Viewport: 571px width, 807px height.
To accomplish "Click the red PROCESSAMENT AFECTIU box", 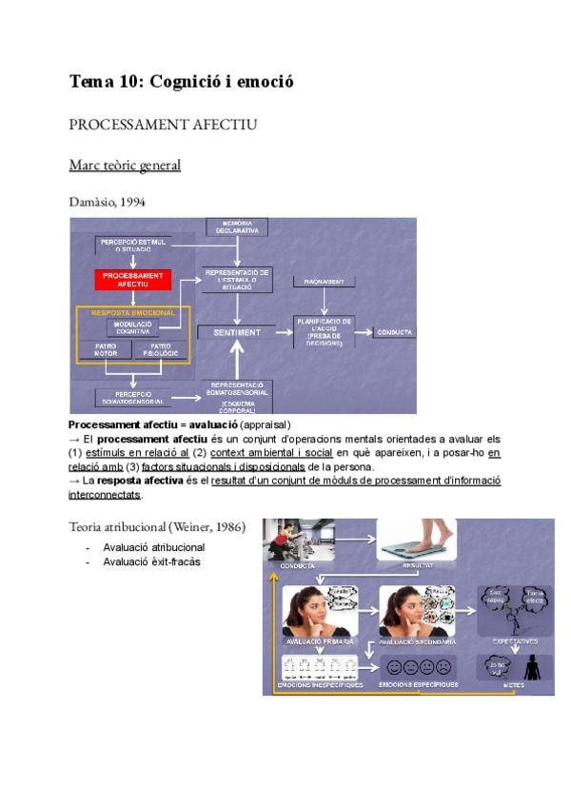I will pos(132,280).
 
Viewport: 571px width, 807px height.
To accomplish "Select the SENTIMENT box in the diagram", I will pos(235,331).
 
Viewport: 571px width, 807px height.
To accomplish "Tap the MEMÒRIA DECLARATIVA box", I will pos(237,226).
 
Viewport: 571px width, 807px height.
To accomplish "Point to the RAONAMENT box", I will pos(324,282).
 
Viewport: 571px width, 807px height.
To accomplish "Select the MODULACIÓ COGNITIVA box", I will pos(132,326).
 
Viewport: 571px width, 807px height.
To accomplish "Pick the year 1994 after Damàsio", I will pos(132,202).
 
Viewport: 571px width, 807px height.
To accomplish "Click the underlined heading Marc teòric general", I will pos(125,166).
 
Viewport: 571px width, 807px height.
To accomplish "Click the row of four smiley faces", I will pos(417,666).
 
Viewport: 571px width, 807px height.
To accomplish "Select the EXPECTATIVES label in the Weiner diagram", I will pos(514,640).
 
